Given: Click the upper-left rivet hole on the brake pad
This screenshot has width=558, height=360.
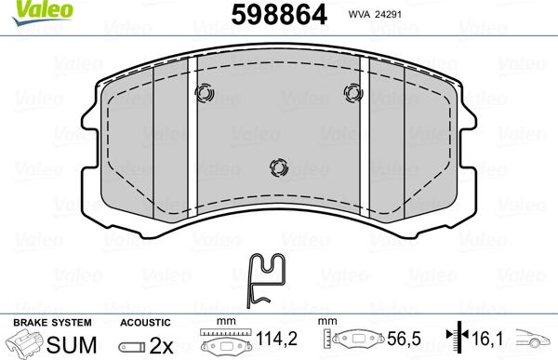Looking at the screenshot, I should [206, 94].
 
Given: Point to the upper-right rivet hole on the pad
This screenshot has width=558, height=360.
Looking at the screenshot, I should [352, 91].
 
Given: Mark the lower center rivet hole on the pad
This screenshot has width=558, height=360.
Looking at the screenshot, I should [277, 167].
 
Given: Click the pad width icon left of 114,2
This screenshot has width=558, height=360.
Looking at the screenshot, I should [226, 343].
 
